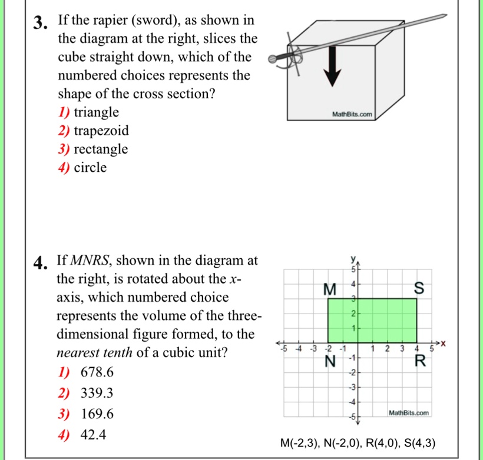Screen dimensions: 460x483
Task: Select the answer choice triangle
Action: tap(96, 112)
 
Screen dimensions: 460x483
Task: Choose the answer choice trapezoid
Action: tap(101, 131)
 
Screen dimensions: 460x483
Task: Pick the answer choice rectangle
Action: tap(100, 149)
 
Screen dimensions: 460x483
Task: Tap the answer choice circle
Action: tap(90, 168)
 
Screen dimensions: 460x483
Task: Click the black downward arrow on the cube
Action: tap(333, 65)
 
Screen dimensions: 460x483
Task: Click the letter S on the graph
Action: tap(419, 289)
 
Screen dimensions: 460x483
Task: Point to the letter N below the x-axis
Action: tap(332, 362)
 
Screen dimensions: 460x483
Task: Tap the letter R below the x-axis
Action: tap(419, 361)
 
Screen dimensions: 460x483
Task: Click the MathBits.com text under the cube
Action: tap(352, 114)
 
